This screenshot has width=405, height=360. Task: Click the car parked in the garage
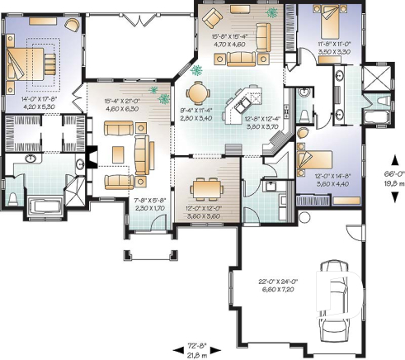click(335, 299)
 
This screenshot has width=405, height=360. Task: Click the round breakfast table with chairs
click(197, 92)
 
